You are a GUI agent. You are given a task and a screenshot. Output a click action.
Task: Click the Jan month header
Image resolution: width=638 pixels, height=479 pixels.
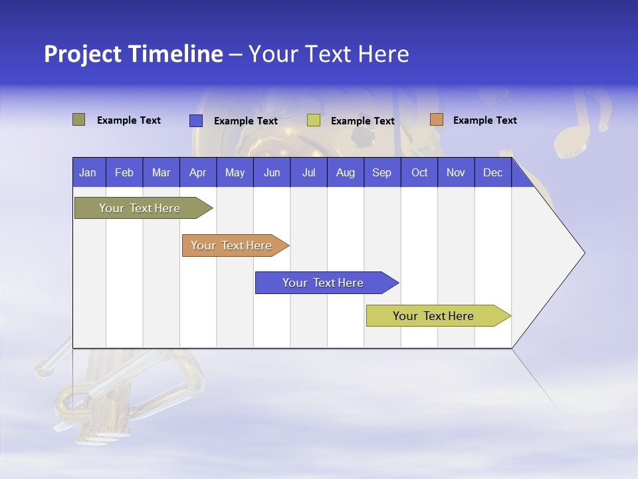point(88,172)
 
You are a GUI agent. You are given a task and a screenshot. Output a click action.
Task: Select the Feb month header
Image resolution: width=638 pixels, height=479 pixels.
point(124,172)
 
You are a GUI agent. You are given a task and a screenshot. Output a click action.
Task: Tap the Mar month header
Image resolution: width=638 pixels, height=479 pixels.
point(161,172)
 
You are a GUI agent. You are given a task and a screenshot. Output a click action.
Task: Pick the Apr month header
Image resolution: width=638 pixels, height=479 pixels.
point(198,172)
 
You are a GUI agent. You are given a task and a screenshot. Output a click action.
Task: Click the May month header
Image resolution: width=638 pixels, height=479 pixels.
point(235,172)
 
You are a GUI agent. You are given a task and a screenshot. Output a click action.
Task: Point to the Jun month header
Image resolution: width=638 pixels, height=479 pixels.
point(272,172)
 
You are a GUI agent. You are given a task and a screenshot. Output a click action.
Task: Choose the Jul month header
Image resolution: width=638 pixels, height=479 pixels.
point(308,172)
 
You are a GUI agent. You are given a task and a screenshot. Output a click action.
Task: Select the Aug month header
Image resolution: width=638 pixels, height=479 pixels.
point(346,172)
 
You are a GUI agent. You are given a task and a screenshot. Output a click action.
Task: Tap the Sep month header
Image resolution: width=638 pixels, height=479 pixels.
point(382,172)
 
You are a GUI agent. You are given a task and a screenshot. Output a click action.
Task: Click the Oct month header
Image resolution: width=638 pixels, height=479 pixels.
point(419,172)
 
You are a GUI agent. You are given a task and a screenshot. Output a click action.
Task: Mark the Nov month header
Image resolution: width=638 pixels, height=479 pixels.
point(456,172)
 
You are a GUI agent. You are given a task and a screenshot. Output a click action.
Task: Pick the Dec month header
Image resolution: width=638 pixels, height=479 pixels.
point(493,172)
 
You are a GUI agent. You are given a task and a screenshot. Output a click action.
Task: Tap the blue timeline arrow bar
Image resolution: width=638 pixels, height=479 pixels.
point(324,283)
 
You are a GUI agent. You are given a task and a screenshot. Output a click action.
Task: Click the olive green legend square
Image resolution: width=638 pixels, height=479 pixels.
point(79,120)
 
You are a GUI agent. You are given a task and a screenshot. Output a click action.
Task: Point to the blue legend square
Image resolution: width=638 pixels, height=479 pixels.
point(196,120)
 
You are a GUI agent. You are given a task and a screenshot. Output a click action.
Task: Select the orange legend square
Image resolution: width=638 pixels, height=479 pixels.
point(436,120)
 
